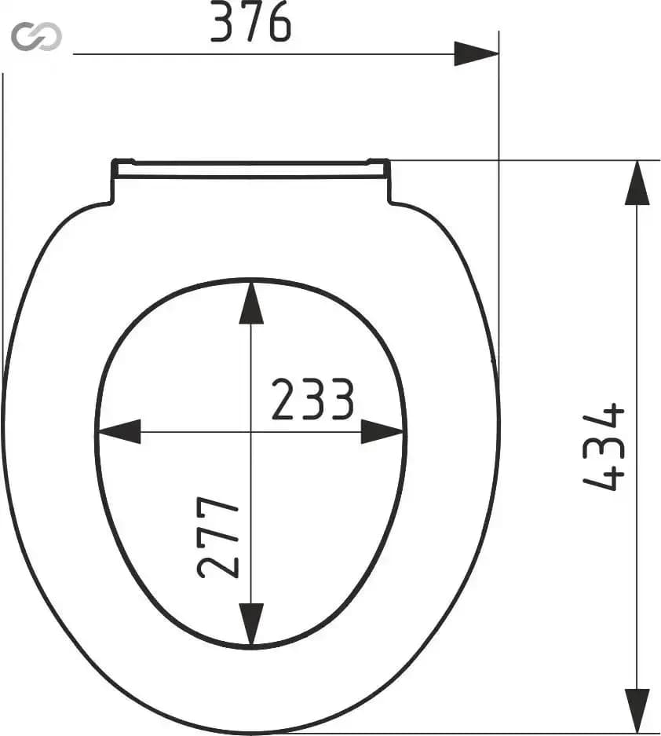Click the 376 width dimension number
(x=250, y=21)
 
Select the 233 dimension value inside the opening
(x=312, y=399)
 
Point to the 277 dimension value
(x=218, y=536)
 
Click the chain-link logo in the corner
(x=36, y=36)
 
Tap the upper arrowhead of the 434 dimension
(x=637, y=183)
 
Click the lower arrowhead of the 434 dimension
(x=637, y=711)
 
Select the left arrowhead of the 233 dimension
(x=119, y=431)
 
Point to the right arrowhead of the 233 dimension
(x=382, y=431)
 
